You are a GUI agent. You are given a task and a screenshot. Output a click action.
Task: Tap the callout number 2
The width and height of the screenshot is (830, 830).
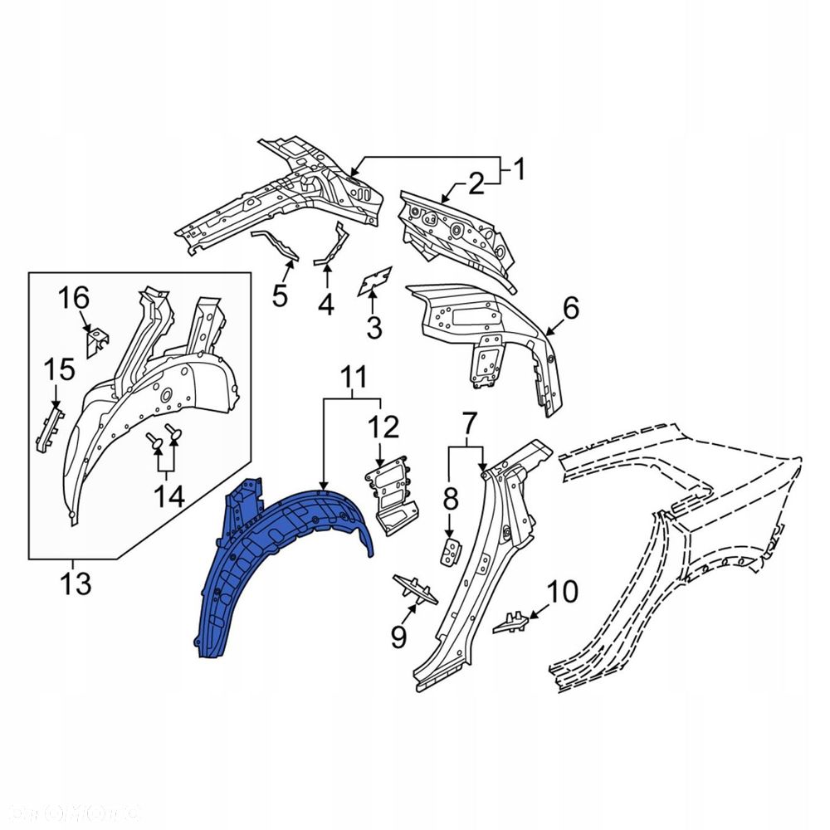tap(476, 184)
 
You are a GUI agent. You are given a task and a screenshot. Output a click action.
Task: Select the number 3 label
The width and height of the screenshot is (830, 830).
tap(374, 329)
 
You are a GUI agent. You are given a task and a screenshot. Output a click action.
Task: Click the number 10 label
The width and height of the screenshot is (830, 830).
tap(561, 593)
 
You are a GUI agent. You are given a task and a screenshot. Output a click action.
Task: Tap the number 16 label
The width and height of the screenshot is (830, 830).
tap(72, 296)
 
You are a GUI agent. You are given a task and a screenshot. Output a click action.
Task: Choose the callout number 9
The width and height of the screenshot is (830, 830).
tap(399, 637)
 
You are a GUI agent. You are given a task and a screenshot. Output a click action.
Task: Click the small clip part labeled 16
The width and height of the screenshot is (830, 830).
tap(96, 341)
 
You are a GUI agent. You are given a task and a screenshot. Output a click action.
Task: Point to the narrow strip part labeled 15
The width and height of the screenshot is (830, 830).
tap(48, 423)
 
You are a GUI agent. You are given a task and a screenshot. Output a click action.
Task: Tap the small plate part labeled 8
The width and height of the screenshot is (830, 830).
tap(450, 549)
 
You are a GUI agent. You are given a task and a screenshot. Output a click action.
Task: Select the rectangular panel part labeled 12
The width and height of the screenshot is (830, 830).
tap(391, 494)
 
